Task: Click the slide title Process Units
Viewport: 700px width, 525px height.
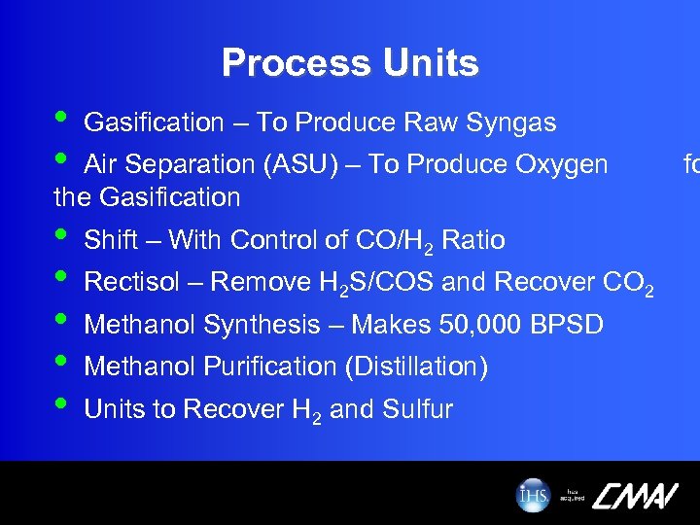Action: [x=350, y=63]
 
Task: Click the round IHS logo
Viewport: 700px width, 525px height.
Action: [x=533, y=495]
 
